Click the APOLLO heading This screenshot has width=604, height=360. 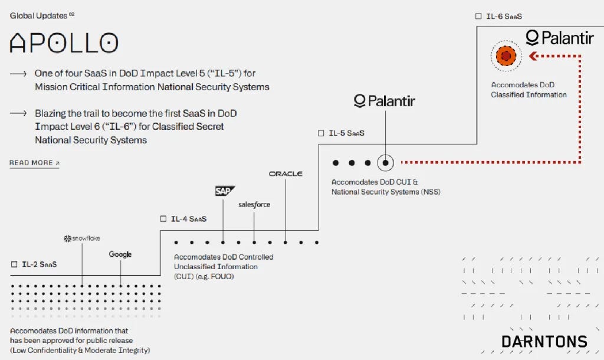coord(64,42)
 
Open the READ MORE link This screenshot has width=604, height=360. coord(34,163)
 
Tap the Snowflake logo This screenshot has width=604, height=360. coord(81,238)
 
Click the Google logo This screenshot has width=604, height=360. coord(120,254)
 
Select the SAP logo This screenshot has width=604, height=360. coord(225,191)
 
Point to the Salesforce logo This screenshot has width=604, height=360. coord(254,204)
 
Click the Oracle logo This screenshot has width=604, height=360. coord(285,174)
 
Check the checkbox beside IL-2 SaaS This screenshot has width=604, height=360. coord(14,264)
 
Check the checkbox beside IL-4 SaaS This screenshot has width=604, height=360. coord(163,218)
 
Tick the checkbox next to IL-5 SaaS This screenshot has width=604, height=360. coord(321,133)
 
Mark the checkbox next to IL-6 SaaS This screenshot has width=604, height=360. coord(478,16)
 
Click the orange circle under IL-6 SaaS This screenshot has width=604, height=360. coord(506,56)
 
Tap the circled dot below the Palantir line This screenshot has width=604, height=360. coord(385,163)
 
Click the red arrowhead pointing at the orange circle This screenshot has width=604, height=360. coord(533,56)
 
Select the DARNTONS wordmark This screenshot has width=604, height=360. coord(544,342)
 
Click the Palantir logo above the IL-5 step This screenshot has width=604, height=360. coord(385,101)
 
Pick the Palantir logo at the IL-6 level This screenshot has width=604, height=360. coord(560,38)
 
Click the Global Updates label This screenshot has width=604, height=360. coord(38,16)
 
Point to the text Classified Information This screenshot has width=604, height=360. coord(528,95)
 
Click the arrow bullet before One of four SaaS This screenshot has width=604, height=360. coord(18,73)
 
